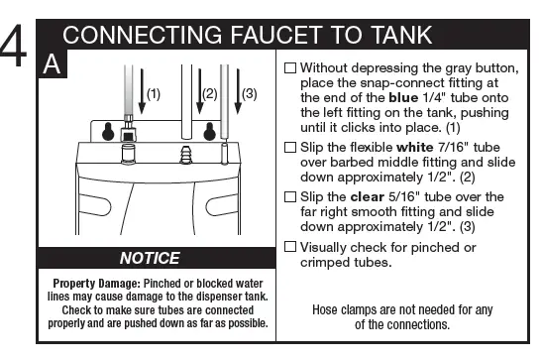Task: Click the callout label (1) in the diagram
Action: [x=153, y=94]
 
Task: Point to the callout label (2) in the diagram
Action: [x=209, y=94]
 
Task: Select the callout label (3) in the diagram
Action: [x=249, y=94]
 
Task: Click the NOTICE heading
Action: [x=150, y=258]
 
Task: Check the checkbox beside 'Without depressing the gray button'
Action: [x=289, y=69]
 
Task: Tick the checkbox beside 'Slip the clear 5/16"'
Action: [x=289, y=196]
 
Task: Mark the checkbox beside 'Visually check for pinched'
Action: [x=289, y=245]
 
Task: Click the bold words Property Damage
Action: [x=88, y=283]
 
